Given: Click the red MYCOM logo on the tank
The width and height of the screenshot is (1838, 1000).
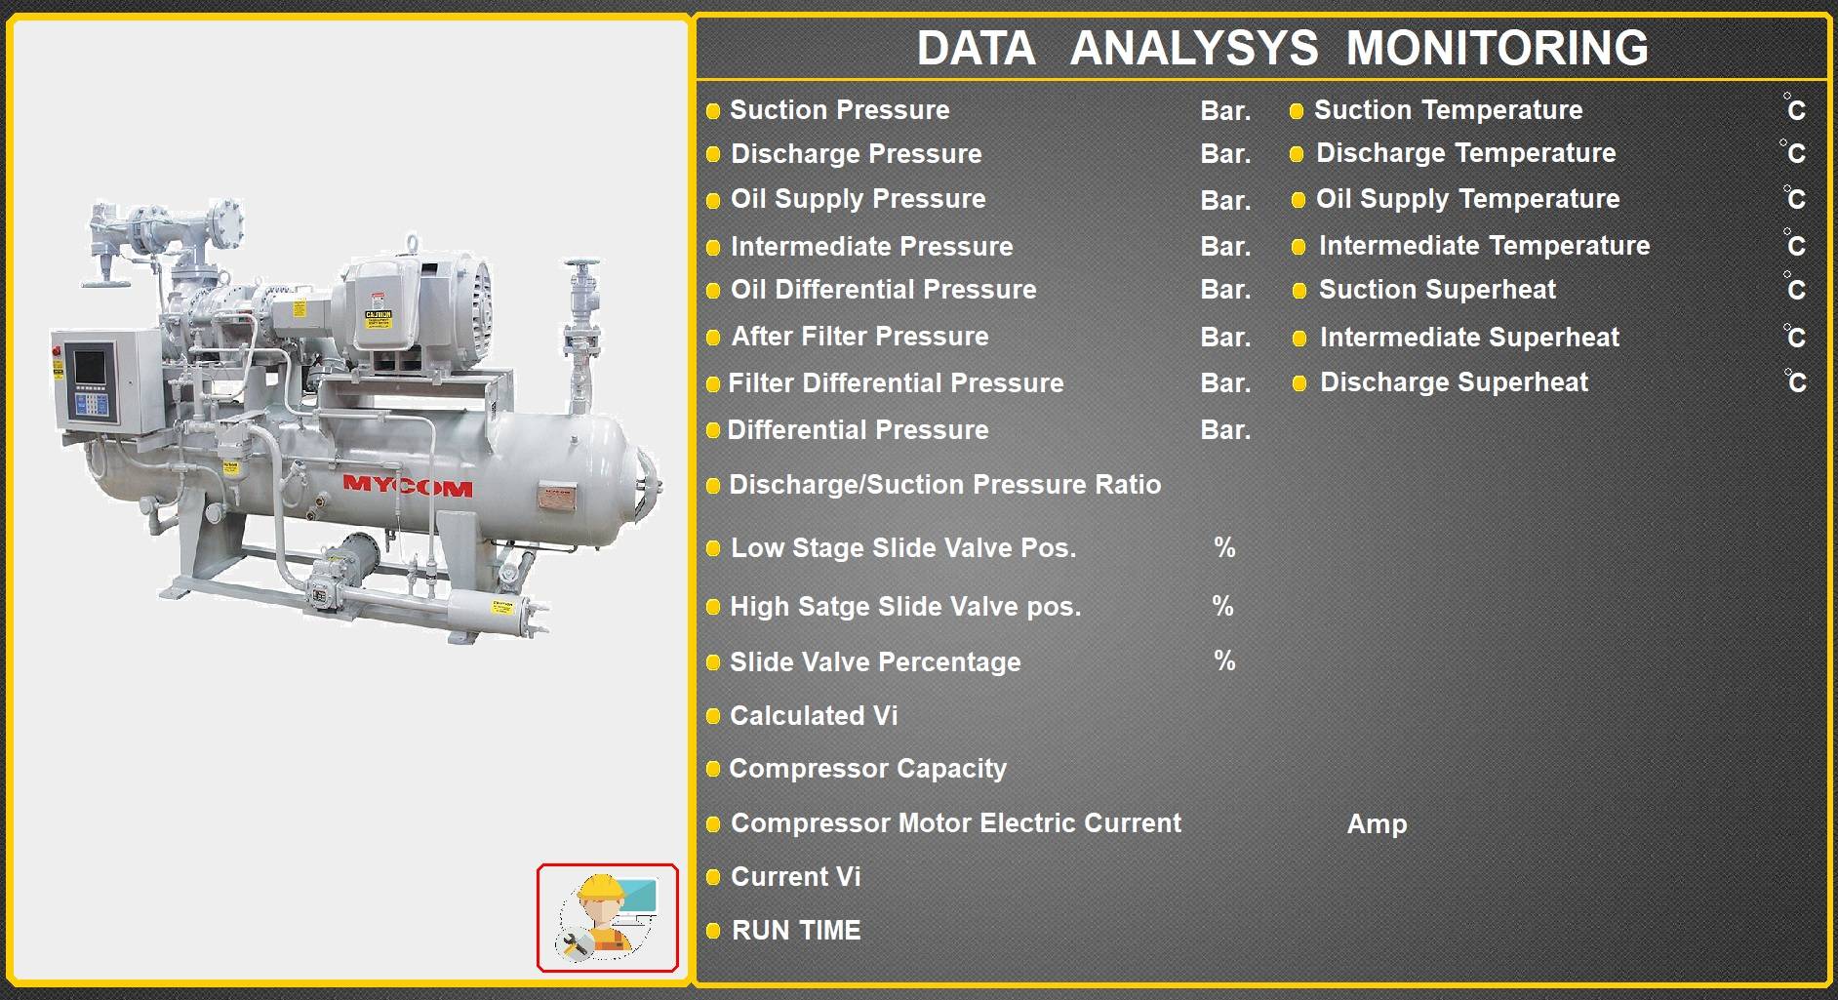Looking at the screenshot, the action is (408, 486).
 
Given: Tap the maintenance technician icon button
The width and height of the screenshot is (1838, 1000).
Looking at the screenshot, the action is (607, 918).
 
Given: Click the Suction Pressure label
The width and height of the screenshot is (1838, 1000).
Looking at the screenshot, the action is (839, 110).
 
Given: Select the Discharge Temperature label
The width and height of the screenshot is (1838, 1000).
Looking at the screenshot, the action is (1465, 153).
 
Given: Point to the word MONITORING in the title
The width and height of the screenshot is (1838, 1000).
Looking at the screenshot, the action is (1498, 48).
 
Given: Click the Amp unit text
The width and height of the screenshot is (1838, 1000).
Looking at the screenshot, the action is (1377, 824).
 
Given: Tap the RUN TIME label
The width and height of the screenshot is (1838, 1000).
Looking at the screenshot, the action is (796, 931).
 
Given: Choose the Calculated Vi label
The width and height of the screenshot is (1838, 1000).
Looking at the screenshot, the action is (814, 716).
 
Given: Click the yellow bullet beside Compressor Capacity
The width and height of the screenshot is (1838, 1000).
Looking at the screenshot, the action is (713, 770).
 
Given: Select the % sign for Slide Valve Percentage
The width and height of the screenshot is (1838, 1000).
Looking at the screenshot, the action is (1224, 661).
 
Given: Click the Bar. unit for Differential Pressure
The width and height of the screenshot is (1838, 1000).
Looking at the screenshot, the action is (1225, 430).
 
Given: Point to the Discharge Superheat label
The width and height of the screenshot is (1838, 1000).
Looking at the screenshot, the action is (1454, 382).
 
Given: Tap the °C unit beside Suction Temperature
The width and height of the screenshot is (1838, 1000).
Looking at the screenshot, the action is (1794, 108).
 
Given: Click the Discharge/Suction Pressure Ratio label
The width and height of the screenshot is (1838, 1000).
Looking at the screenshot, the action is (945, 485).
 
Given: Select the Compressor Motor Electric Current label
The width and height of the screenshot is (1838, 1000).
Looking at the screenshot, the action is (956, 823).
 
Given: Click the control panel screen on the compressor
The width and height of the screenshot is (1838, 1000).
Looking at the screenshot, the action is (90, 369).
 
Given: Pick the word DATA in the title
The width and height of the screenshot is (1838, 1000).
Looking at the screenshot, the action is (976, 48).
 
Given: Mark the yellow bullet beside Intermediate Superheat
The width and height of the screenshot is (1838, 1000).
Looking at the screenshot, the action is (1299, 339).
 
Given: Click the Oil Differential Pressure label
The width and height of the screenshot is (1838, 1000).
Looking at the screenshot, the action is (883, 290).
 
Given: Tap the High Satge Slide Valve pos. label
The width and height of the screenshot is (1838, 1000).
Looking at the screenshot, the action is (905, 607).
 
